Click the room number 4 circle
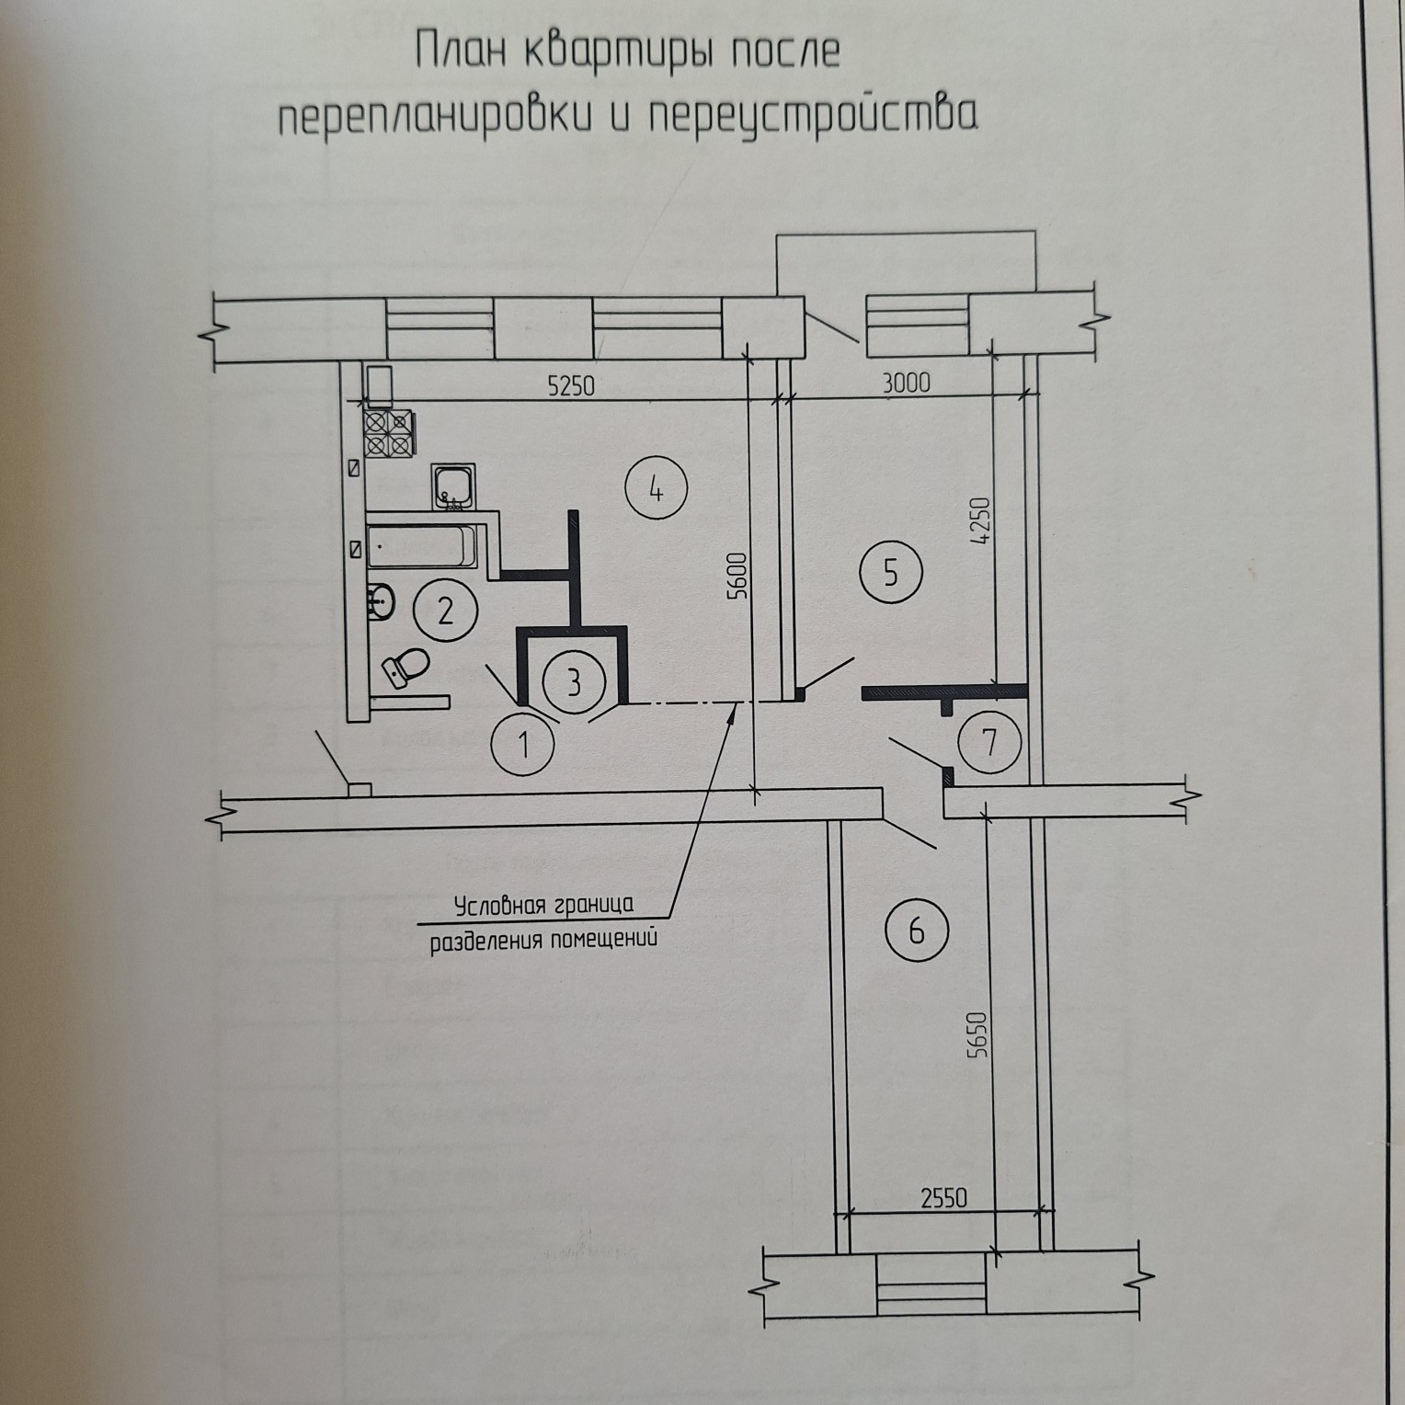pos(656,489)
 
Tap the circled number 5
pos(890,573)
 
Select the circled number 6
pos(916,931)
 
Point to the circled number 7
pos(989,741)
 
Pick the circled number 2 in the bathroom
pos(445,610)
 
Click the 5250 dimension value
pos(571,384)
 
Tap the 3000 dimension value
pos(907,382)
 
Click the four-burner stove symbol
pos(389,432)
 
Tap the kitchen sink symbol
pos(453,487)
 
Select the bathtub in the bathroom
pos(423,546)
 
